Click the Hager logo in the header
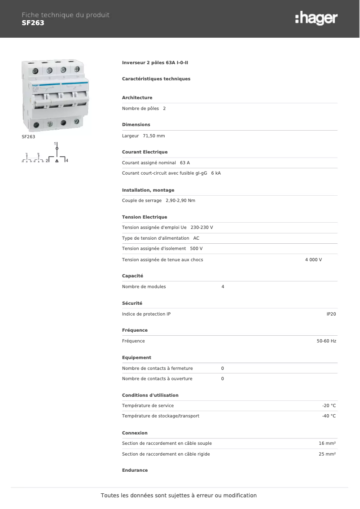[x=316, y=18]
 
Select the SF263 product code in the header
[x=33, y=23]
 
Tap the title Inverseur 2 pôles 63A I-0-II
[x=155, y=63]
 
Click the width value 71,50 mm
[x=154, y=136]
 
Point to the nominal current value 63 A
[x=185, y=162]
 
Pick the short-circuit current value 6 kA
[x=216, y=173]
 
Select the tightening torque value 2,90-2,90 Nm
[x=177, y=201]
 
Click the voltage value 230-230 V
[x=202, y=228]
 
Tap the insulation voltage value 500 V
[x=196, y=249]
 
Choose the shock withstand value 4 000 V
[x=313, y=260]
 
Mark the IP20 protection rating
[x=331, y=314]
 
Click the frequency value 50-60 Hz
[x=326, y=341]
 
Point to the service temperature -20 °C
[x=329, y=406]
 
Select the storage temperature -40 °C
[x=329, y=416]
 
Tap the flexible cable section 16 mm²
[x=327, y=443]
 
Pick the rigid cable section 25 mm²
[x=327, y=454]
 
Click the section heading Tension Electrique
[x=145, y=217]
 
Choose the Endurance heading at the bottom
[x=135, y=470]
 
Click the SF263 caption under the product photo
[x=28, y=136]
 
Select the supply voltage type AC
[x=196, y=238]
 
